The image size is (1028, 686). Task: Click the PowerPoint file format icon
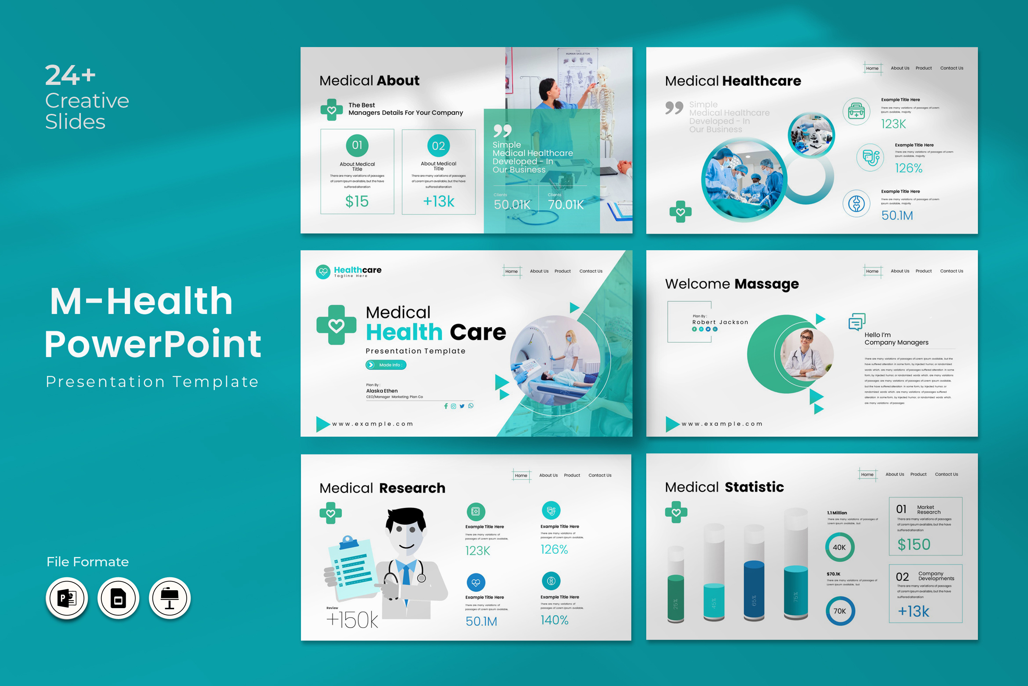point(67,598)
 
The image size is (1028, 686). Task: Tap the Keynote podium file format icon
point(170,598)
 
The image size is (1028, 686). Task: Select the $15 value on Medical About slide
point(357,201)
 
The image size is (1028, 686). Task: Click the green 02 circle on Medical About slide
point(438,146)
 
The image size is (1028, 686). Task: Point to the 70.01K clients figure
point(566,205)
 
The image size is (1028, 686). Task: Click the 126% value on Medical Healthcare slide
point(908,168)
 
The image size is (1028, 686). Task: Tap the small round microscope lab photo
point(811,135)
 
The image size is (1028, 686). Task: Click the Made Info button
point(386,365)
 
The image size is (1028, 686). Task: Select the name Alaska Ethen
point(382,391)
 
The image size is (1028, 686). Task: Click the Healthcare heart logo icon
point(323,272)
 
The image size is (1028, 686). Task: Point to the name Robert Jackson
point(720,322)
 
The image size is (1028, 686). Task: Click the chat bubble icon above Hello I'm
point(857,322)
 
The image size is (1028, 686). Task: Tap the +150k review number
point(352,620)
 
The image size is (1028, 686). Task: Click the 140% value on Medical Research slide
point(554,620)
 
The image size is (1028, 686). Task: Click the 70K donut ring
point(840,611)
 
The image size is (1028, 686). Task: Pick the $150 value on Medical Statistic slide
point(914,545)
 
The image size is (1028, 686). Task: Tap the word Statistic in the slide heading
point(755,487)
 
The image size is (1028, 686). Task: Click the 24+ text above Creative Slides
point(70,75)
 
